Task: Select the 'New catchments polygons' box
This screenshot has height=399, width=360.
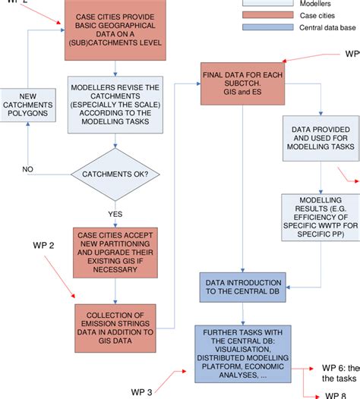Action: pyautogui.click(x=27, y=105)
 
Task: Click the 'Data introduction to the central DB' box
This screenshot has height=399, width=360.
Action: pyautogui.click(x=242, y=287)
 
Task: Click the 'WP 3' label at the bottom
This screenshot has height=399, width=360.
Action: pyautogui.click(x=139, y=391)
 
